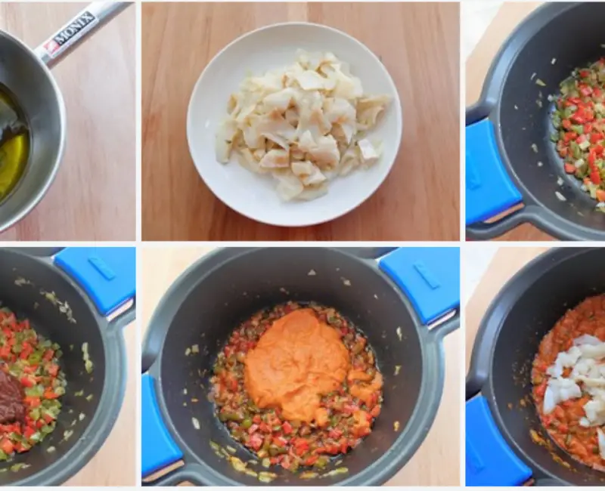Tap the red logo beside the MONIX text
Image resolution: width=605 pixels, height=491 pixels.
click(x=49, y=48)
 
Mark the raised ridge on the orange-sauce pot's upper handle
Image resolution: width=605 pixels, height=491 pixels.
click(x=427, y=276)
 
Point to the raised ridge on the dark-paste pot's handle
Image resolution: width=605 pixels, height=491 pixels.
click(x=101, y=269)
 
